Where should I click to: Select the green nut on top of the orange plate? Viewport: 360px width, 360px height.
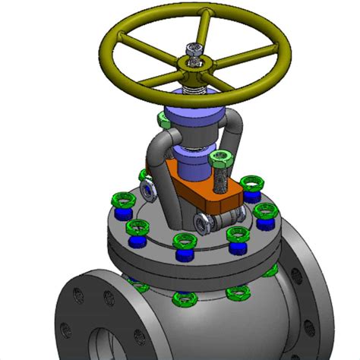(221, 159)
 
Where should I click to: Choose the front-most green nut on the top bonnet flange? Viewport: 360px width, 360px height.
(183, 243)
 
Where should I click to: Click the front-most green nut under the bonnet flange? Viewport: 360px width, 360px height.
(183, 298)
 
